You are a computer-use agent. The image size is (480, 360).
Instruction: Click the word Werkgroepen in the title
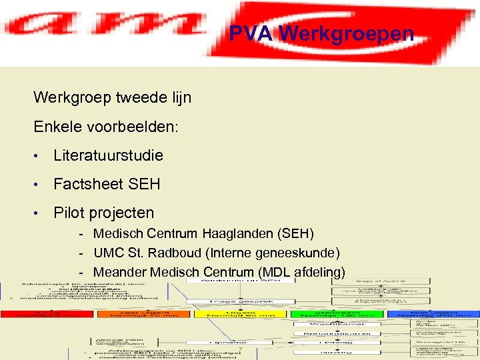coord(346,33)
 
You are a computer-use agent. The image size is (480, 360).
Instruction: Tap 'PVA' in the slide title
coord(251,33)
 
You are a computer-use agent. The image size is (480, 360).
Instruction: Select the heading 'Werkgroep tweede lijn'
coord(112,97)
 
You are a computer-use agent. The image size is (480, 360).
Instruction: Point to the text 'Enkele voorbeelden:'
coord(105,127)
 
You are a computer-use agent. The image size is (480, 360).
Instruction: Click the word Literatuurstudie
coord(108,155)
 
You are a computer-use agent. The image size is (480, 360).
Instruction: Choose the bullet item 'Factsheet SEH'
coord(107,184)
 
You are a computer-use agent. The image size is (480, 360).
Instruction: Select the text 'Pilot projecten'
coord(103,213)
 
